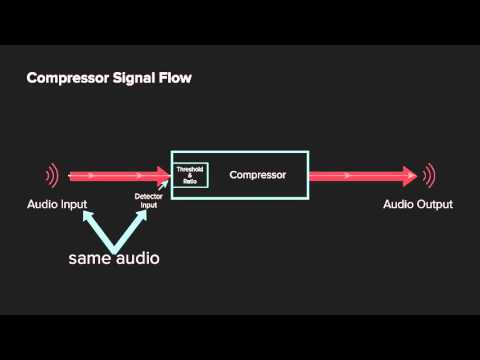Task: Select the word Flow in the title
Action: coord(174,76)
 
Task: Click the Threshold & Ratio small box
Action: coord(189,175)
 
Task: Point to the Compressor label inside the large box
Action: coord(258,175)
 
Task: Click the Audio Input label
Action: coord(57,204)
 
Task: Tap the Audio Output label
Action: coord(418,204)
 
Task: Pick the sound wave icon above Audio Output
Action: coord(430,176)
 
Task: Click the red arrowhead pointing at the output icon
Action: coord(409,176)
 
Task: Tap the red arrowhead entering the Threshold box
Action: coord(163,176)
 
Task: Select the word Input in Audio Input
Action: coord(73,204)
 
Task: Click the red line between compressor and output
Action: coord(355,176)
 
